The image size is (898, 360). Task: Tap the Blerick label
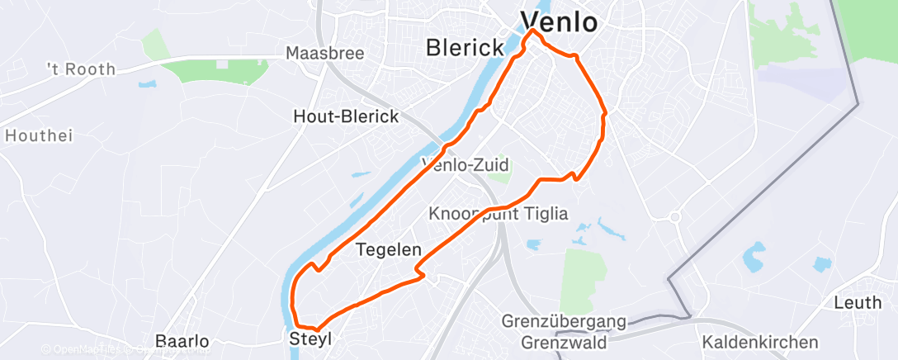click(465, 48)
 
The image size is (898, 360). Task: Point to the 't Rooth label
click(81, 69)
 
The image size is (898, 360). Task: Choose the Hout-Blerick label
click(346, 117)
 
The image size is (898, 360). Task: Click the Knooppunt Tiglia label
click(499, 214)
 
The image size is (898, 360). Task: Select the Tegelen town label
click(389, 249)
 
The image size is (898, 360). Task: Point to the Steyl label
click(310, 339)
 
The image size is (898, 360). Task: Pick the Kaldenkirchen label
click(759, 341)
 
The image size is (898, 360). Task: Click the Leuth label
click(857, 303)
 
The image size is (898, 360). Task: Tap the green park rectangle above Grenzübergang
click(583, 280)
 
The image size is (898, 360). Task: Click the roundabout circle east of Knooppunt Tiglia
click(673, 217)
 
